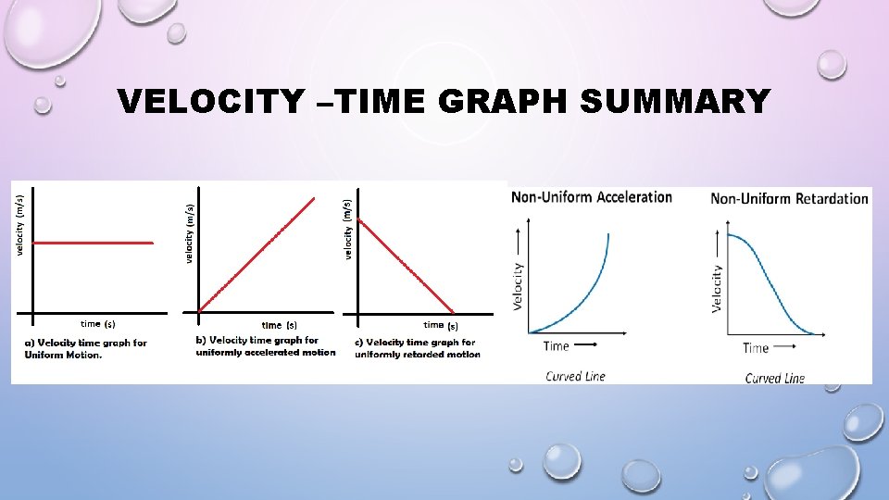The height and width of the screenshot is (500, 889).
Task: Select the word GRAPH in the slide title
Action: [502, 101]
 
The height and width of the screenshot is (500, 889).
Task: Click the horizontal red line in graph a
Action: [93, 243]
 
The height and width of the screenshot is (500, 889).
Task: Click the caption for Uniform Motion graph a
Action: [85, 349]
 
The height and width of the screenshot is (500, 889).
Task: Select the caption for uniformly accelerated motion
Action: [266, 346]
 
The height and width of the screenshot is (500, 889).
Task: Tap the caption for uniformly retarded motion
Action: [418, 348]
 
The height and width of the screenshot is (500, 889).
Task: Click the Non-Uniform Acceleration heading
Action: [592, 196]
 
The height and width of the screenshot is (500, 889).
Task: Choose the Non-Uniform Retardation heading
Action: [789, 197]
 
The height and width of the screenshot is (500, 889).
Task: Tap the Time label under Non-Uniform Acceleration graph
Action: [557, 346]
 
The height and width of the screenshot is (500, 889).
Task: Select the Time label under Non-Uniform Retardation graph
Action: [756, 348]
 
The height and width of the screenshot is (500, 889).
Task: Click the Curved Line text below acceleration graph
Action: [575, 376]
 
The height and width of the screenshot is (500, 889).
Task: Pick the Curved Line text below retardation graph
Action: [775, 378]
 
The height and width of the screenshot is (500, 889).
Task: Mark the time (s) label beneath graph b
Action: [279, 325]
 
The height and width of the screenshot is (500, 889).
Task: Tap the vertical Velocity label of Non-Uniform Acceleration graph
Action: [518, 285]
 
